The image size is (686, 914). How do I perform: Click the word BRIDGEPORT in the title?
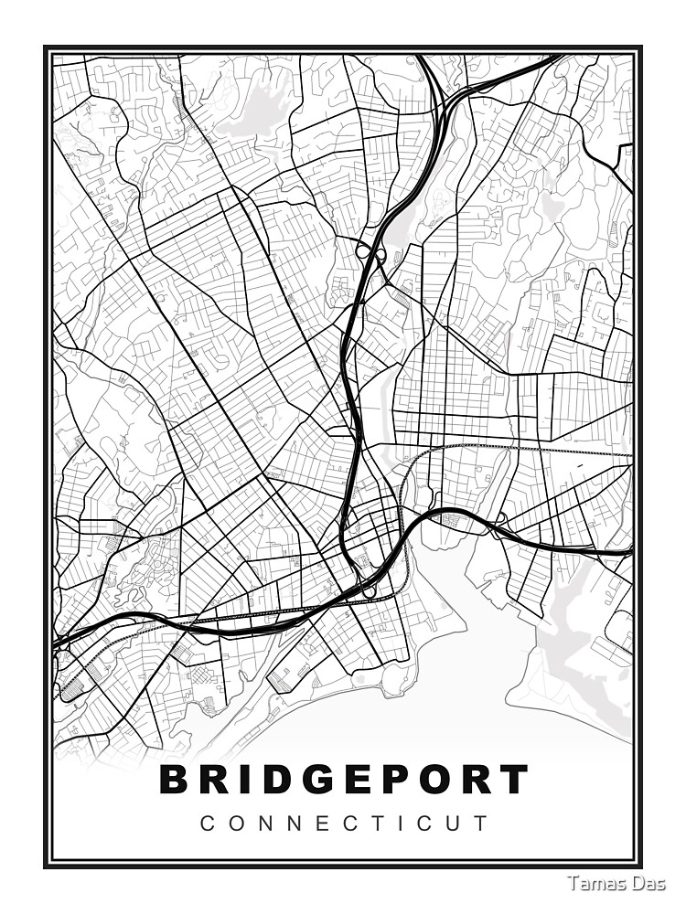click(344, 780)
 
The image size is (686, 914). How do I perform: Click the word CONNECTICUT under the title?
click(344, 823)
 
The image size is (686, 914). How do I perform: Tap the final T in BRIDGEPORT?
click(514, 780)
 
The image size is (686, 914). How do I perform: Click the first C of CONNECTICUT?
click(206, 823)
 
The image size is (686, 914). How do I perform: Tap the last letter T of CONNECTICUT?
click(482, 823)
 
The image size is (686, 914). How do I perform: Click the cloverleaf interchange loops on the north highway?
click(370, 250)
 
